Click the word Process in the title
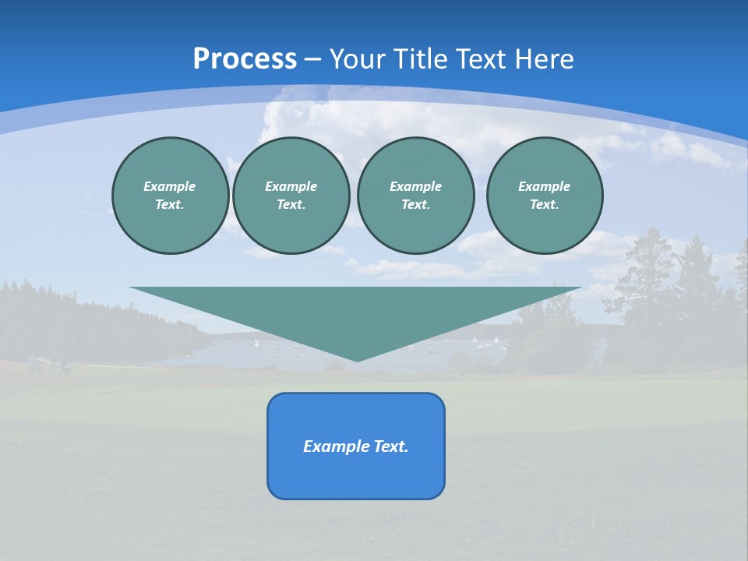click(245, 59)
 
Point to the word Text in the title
click(487, 59)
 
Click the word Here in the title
click(547, 59)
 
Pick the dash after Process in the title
click(312, 60)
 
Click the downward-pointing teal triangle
click(356, 312)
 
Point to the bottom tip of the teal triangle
click(357, 359)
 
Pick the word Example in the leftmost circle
click(170, 186)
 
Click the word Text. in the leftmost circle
click(170, 204)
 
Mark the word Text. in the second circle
click(291, 204)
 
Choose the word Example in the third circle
click(415, 186)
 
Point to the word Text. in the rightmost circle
click(544, 204)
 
